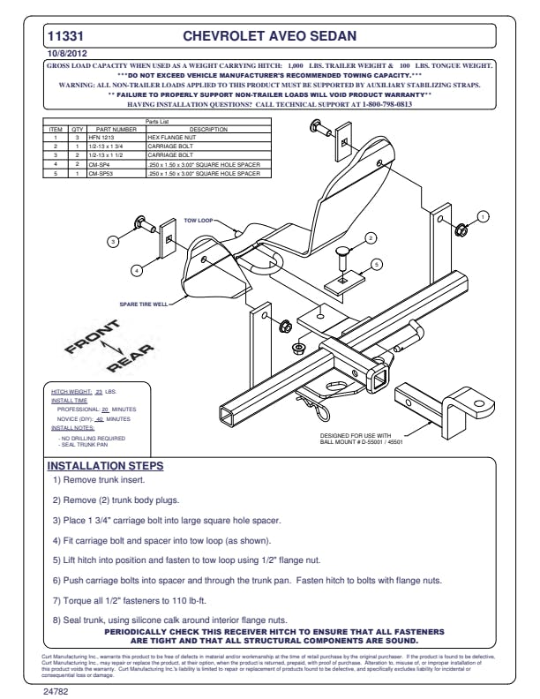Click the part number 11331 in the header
(x=65, y=37)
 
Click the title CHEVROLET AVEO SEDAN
(x=269, y=37)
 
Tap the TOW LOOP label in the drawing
(x=199, y=220)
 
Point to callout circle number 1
(x=483, y=216)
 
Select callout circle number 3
(x=112, y=240)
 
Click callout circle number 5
(x=376, y=263)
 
